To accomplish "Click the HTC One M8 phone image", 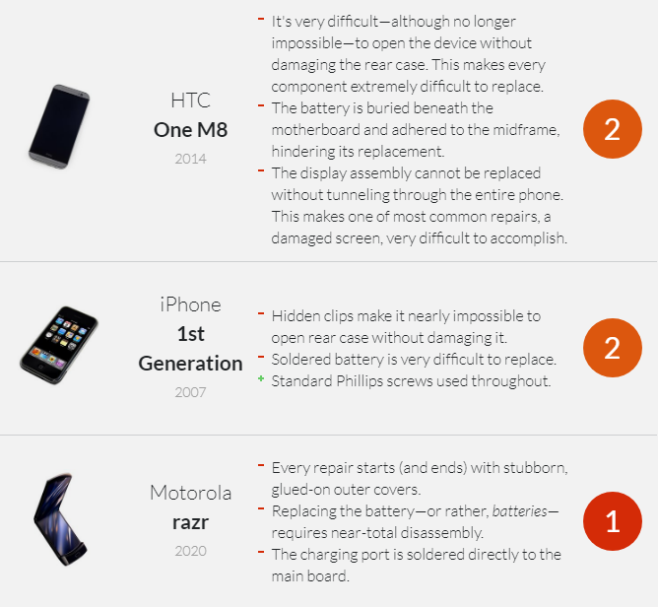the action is coord(59,127).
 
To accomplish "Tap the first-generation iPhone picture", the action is coord(59,345).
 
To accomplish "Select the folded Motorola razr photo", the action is coord(60,519).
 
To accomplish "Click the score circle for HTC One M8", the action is coord(613,129).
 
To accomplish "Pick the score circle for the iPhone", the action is coord(613,348).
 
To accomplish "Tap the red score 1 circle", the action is coord(613,521).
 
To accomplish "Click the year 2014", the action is coord(190,159).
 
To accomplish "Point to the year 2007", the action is coord(190,392).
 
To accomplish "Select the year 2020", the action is coord(190,551).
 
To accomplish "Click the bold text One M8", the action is coord(190,130).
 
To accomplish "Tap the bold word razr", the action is coord(190,523).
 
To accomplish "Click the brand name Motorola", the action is coord(190,493).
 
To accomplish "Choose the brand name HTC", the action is coord(190,101).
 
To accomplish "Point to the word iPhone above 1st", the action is coord(190,304).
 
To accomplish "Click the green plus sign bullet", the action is coord(261,379).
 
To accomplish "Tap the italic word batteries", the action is coord(519,511).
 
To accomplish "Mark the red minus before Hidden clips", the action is coord(261,313).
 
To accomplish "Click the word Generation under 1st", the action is coord(190,364).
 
